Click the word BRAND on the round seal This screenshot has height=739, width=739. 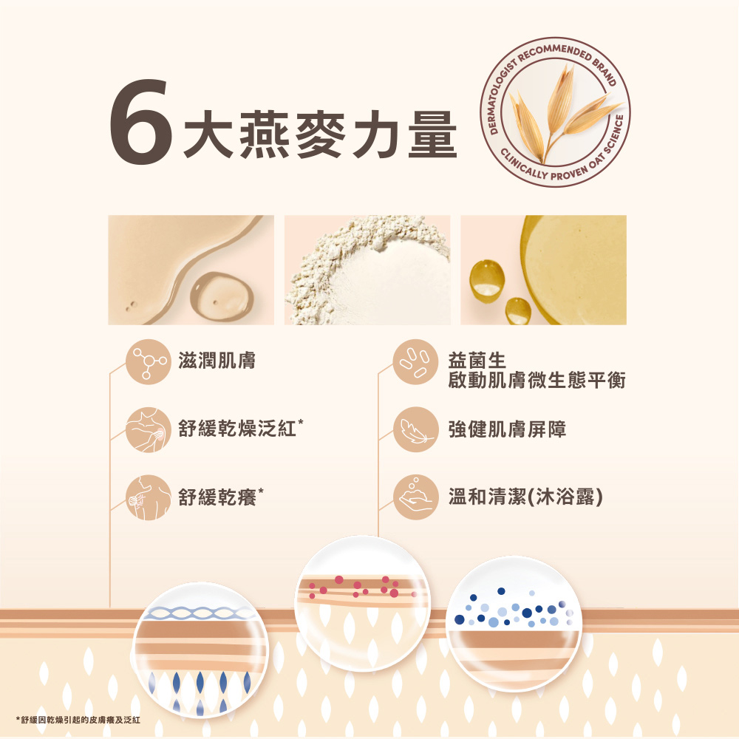pos(605,71)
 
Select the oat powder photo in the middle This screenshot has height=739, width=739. pos(367,270)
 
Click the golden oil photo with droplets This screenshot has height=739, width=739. pos(543,270)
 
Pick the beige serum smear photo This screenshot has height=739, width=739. pos(191,270)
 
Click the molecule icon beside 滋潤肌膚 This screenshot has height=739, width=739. pos(149,361)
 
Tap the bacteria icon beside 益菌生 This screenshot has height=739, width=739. pos(415,361)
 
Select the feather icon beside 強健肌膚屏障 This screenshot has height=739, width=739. pos(415,429)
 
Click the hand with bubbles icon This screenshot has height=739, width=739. pos(415,497)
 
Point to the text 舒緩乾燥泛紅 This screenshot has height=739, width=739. pos(237,429)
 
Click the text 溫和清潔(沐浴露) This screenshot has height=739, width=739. pos(525,497)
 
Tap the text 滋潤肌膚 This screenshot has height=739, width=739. pos(217,361)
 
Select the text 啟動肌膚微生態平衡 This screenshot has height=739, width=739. pos(537,381)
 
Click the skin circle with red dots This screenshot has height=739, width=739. pos(362,603)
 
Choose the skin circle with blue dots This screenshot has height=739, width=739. pos(514,624)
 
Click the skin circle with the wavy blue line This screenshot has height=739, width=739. pos(201,650)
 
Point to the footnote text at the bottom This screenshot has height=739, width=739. pos(78,720)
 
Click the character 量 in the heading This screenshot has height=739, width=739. pos(432,134)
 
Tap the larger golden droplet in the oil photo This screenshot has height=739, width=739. pos(487,282)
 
